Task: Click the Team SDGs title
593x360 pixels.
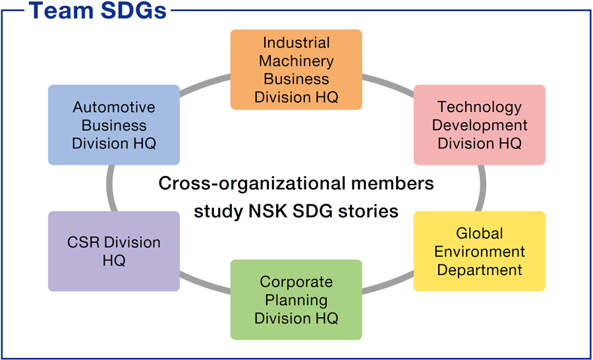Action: point(98,11)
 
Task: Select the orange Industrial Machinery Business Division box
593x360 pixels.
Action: point(296,69)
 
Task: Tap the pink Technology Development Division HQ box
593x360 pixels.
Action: point(479,125)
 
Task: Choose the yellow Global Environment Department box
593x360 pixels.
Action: point(479,251)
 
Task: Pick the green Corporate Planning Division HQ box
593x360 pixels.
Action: point(296,299)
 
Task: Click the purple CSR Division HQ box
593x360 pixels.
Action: point(114,251)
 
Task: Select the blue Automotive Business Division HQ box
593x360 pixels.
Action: point(114,125)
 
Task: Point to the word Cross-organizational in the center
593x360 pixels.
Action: point(249,183)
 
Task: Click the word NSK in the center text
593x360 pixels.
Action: point(273,212)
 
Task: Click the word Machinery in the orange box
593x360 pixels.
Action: point(296,61)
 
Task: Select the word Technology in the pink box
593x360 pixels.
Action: point(479,107)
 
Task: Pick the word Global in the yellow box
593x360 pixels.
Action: point(479,233)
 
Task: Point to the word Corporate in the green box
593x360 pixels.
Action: point(296,282)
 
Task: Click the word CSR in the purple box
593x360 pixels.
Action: point(82,243)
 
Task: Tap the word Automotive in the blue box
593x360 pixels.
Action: point(114,107)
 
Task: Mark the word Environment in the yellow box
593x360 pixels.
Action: point(479,251)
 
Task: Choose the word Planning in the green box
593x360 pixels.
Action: point(296,300)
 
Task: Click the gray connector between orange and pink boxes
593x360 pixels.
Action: point(389,83)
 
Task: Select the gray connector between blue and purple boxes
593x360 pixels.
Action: point(110,188)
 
